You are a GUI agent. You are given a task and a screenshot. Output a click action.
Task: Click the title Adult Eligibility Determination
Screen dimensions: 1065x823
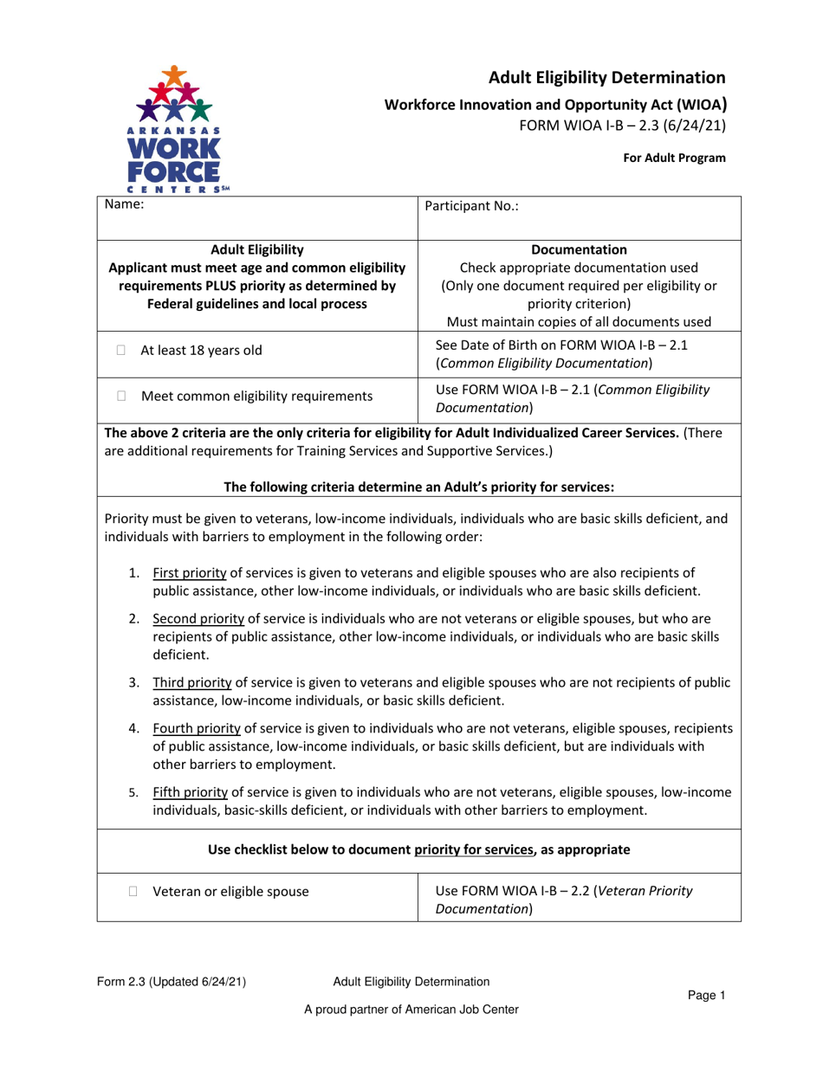(x=606, y=77)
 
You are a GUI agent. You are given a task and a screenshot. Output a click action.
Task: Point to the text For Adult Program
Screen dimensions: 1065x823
(x=681, y=158)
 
